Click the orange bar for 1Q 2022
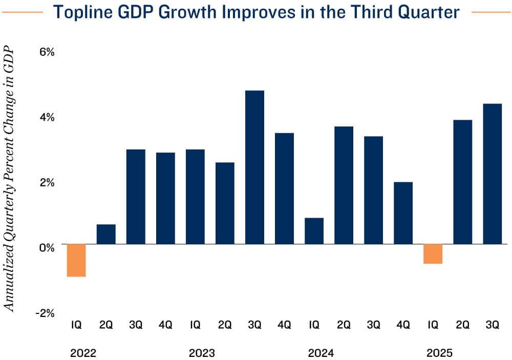[x=76, y=260]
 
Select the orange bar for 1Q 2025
[x=433, y=254]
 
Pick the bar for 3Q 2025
[x=492, y=174]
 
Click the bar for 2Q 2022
[x=106, y=234]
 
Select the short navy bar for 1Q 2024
[x=314, y=231]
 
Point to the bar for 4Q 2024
[x=403, y=213]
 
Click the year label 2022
[x=83, y=353]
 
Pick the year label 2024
[x=321, y=353]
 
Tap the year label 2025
[x=440, y=353]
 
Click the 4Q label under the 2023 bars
[x=284, y=324]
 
